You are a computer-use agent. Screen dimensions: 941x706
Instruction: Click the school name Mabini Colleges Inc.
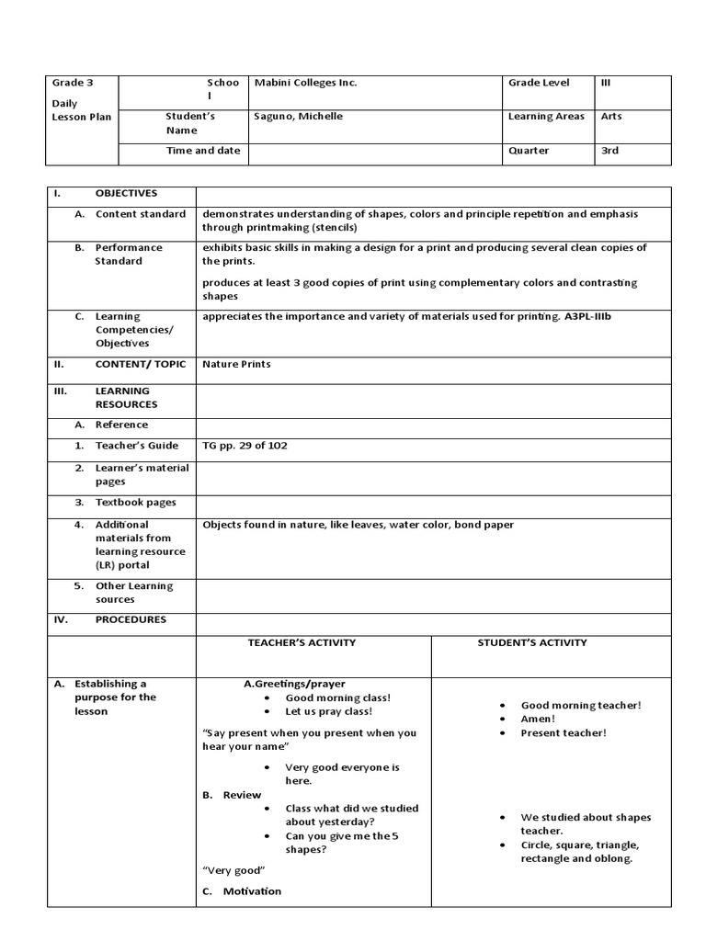(x=305, y=83)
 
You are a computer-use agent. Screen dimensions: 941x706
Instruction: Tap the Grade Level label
(x=539, y=83)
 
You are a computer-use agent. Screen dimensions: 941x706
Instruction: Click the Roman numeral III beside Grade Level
(x=605, y=83)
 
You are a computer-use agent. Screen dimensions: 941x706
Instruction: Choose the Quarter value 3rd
(x=609, y=151)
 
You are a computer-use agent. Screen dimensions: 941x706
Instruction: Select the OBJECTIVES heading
(x=126, y=193)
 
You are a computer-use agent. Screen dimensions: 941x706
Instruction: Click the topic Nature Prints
(x=236, y=364)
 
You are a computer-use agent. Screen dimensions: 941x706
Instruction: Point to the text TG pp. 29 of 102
(x=251, y=446)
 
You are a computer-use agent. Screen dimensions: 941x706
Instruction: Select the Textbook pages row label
(x=135, y=503)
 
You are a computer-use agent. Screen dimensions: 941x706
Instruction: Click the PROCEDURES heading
(x=131, y=619)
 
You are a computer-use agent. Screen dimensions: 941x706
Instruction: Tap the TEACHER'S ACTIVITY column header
(x=302, y=642)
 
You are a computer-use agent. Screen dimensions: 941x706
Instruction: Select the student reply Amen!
(x=538, y=719)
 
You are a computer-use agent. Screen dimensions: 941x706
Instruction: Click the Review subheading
(x=242, y=795)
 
